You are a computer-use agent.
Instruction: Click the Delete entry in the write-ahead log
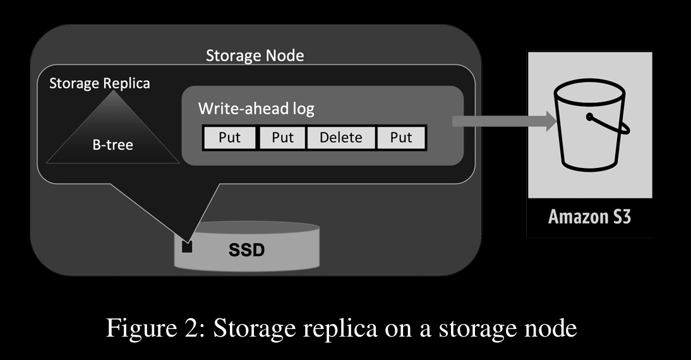tap(341, 138)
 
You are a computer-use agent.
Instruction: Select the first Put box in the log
tap(230, 138)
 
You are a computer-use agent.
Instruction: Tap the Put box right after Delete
tap(401, 138)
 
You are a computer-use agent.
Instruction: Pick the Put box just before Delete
tap(283, 138)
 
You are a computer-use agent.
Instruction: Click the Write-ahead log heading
tap(256, 109)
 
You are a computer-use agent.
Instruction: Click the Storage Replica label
tap(99, 83)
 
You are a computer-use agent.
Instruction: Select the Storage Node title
tap(255, 56)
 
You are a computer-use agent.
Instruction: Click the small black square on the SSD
tap(187, 246)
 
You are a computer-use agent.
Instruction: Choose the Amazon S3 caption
tap(590, 217)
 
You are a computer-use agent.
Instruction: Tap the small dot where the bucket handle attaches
tap(589, 117)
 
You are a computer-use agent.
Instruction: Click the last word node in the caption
tap(550, 328)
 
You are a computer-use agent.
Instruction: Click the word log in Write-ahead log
tap(303, 109)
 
